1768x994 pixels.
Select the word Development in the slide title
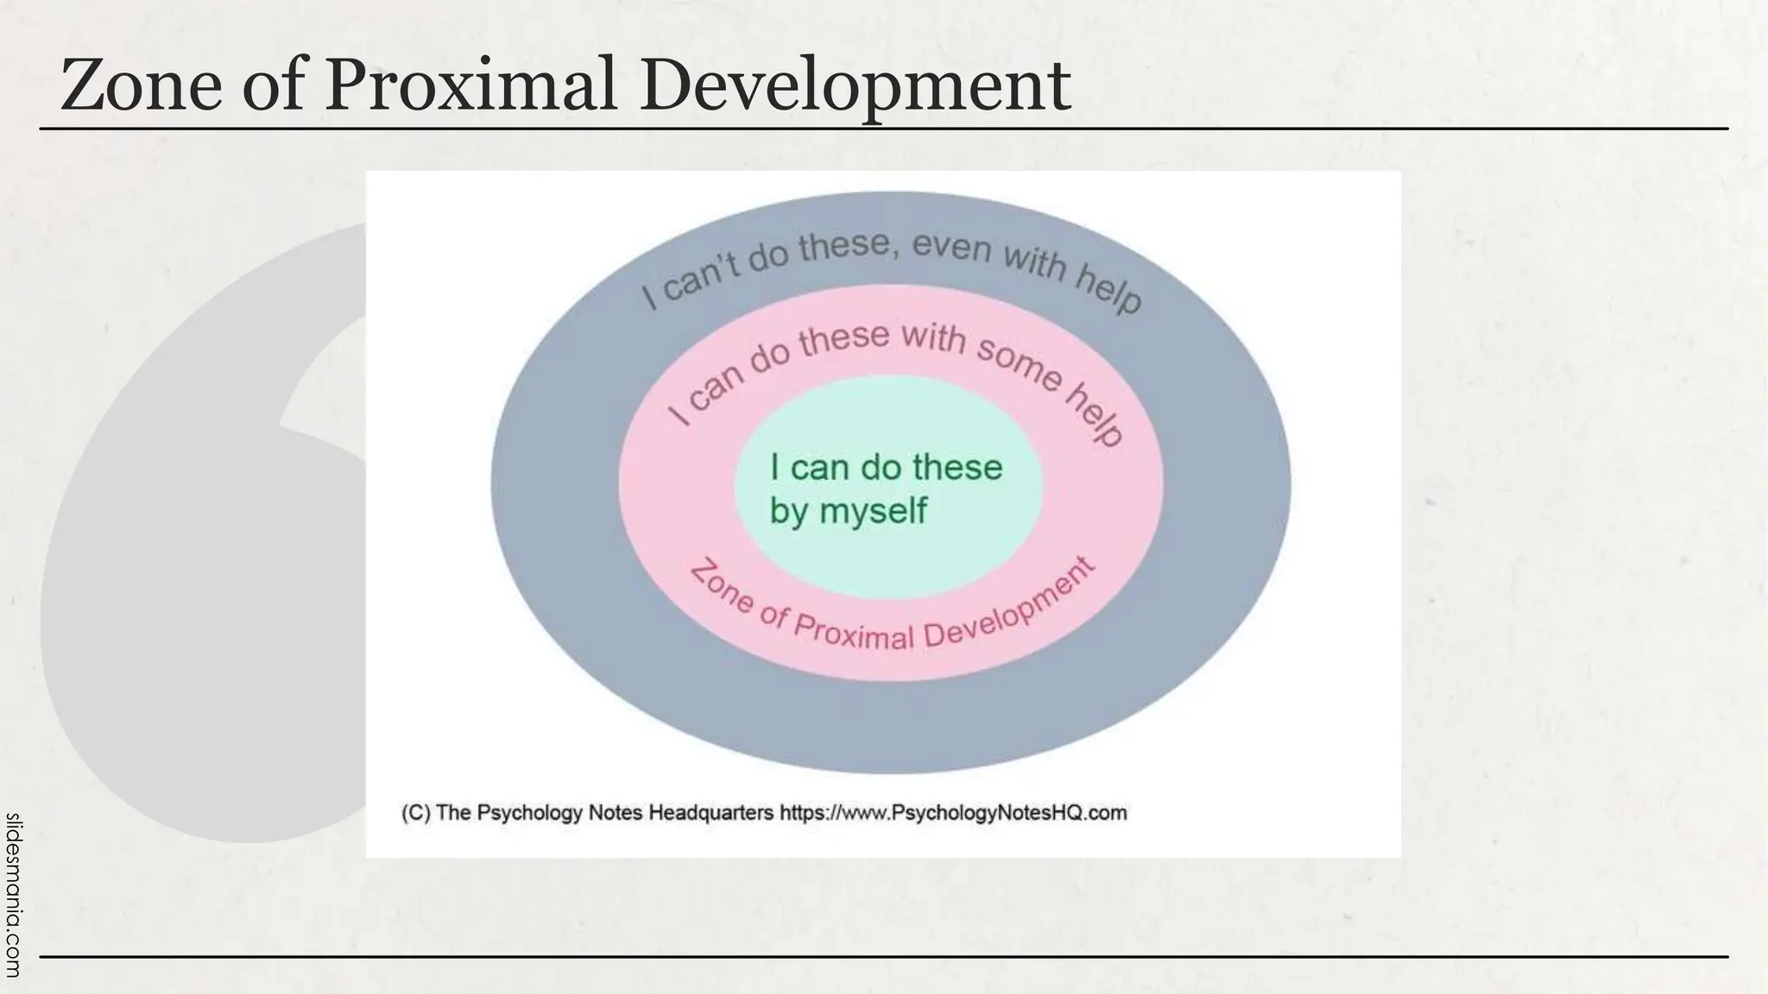point(856,86)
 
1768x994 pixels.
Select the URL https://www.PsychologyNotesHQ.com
point(953,813)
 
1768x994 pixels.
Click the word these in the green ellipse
point(957,468)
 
